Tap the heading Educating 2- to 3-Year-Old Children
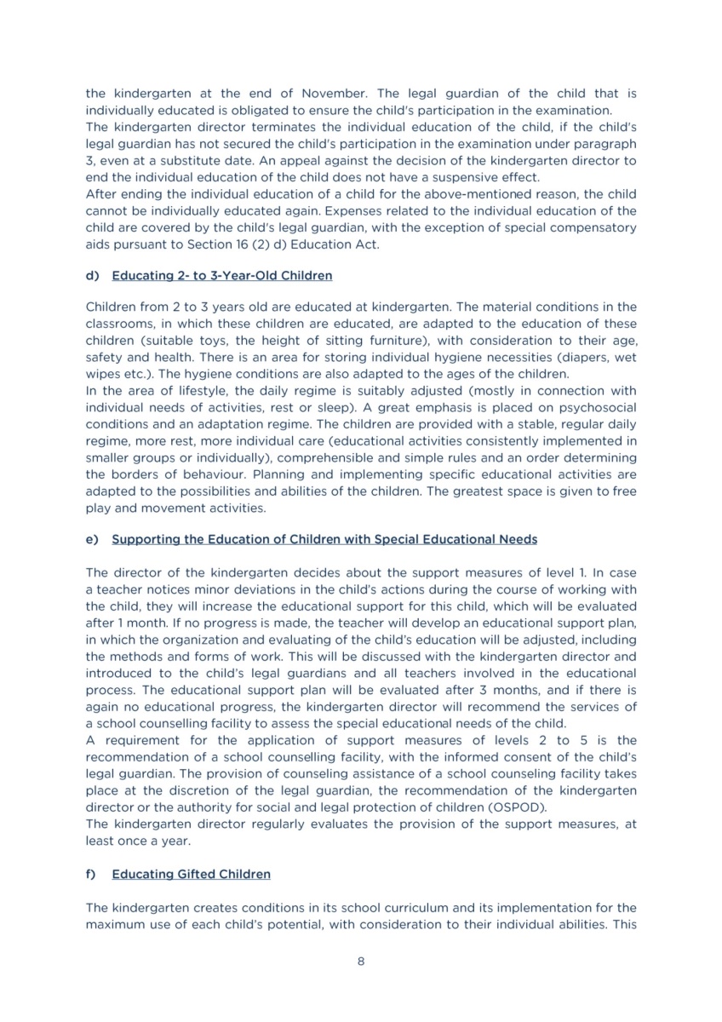coord(222,276)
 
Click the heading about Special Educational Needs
coord(324,539)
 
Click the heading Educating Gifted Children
coord(191,874)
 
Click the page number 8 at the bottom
coord(361,962)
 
